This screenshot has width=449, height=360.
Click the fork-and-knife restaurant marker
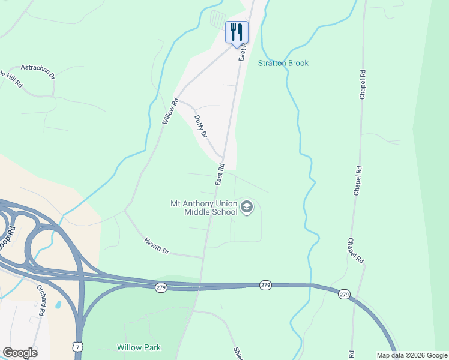click(x=237, y=32)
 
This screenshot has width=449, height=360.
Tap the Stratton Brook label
click(x=283, y=63)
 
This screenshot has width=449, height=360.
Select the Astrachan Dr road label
click(x=38, y=72)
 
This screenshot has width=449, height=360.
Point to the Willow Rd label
click(x=170, y=111)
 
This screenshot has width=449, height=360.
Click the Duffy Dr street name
click(x=200, y=127)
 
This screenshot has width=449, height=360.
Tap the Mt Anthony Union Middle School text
click(x=203, y=207)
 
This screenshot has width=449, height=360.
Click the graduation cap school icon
click(x=246, y=208)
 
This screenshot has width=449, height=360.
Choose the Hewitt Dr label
click(x=157, y=245)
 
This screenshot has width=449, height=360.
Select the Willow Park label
click(x=139, y=347)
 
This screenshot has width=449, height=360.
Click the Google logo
click(x=20, y=353)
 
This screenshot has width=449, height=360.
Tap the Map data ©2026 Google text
click(x=412, y=355)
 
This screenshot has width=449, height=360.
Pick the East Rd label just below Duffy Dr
click(x=220, y=174)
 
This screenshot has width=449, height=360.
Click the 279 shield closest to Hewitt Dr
click(x=161, y=288)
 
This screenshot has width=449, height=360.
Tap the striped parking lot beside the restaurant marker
click(x=217, y=19)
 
